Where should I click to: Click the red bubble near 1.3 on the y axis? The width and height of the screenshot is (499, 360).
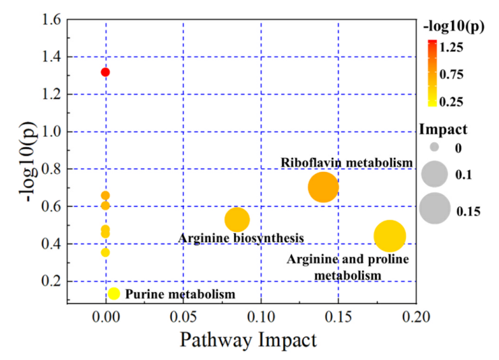tap(105, 72)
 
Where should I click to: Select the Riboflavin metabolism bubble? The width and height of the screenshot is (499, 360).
tap(323, 187)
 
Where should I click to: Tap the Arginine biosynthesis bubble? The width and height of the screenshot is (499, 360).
tap(237, 219)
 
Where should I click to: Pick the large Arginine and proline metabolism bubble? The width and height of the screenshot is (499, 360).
tap(389, 236)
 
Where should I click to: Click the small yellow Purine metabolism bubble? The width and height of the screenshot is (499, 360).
tap(114, 294)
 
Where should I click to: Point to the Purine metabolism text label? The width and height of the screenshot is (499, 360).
tap(180, 295)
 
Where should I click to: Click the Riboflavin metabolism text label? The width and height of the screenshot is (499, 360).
tap(347, 162)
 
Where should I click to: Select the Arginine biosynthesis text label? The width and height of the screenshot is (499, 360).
tap(241, 238)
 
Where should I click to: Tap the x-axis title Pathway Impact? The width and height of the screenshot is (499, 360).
tap(247, 340)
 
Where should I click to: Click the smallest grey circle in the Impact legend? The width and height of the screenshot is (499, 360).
tap(434, 146)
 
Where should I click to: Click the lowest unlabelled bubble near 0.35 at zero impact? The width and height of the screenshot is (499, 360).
tap(105, 253)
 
